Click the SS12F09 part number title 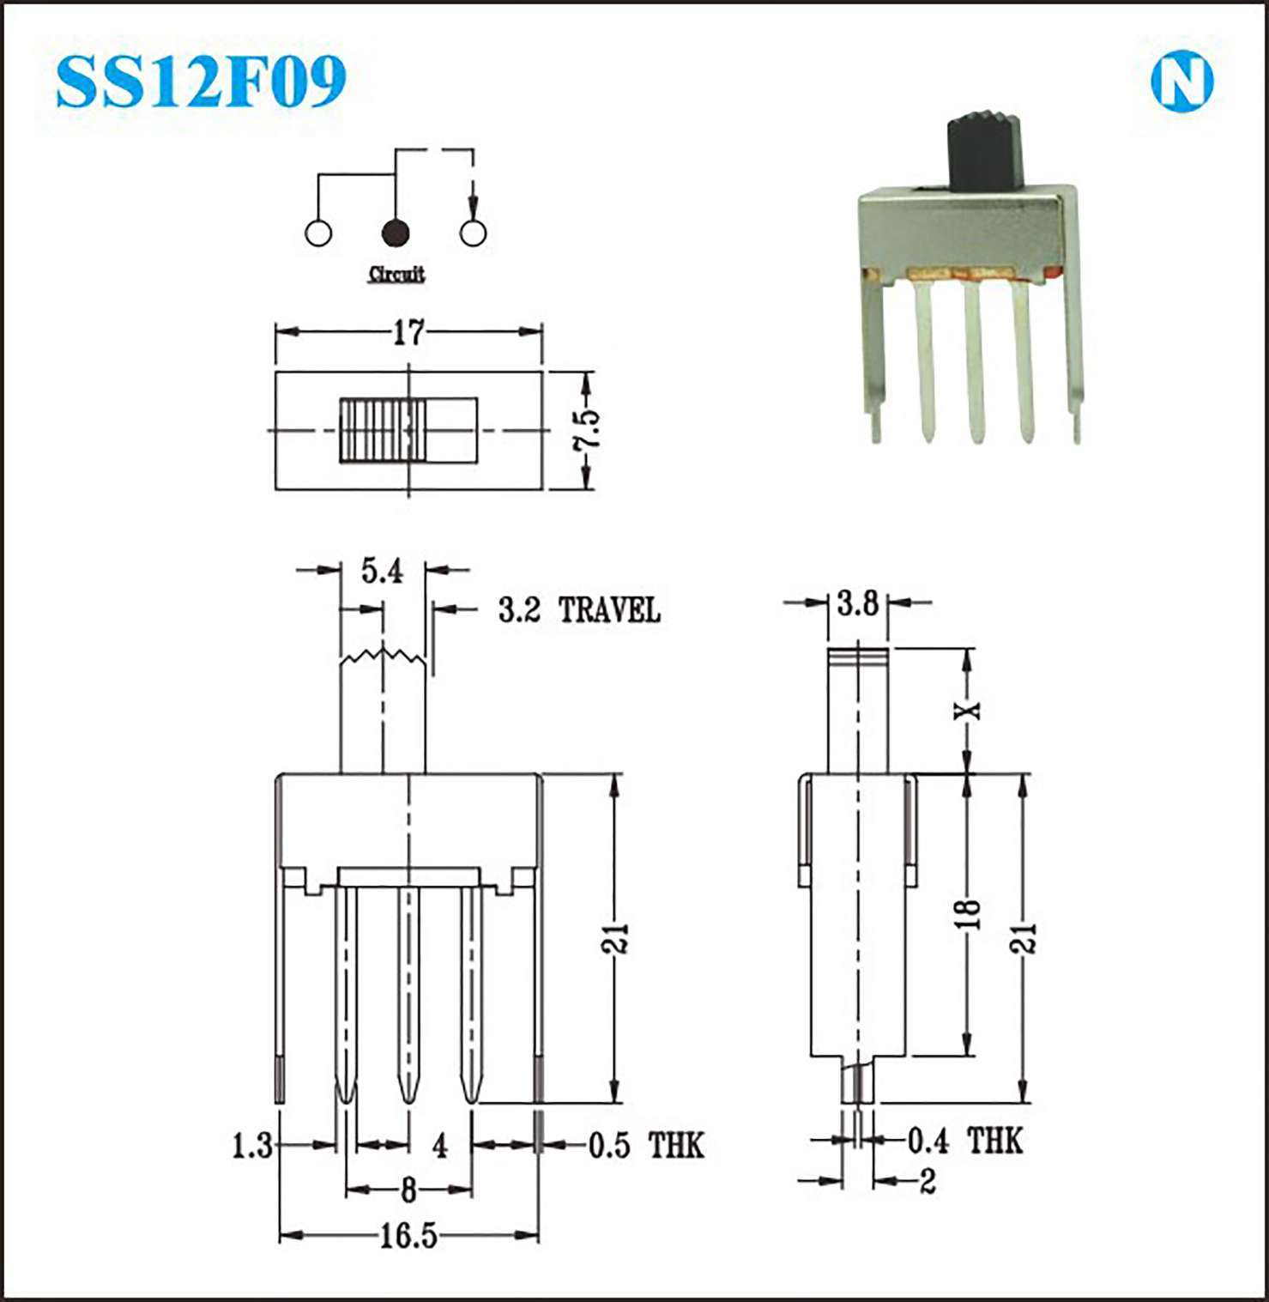201,82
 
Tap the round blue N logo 1181,82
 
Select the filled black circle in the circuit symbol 395,232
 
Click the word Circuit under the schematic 396,274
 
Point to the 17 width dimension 409,332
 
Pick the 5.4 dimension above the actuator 382,570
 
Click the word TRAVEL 609,610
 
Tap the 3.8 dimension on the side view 858,603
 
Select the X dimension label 968,710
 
